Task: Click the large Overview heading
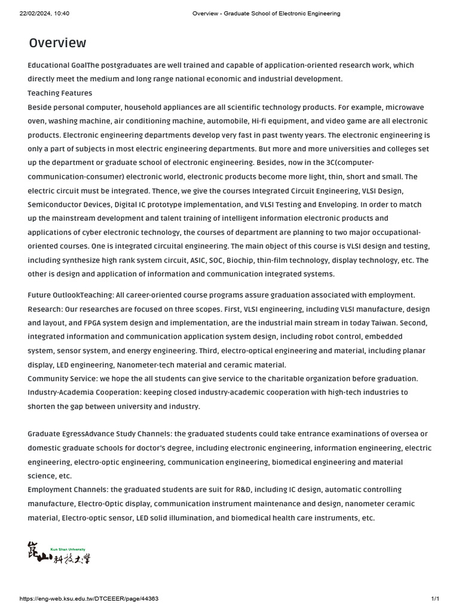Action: (57, 43)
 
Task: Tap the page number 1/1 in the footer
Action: (435, 599)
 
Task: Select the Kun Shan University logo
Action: (59, 553)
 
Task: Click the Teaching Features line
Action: (60, 93)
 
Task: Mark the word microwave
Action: (405, 108)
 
